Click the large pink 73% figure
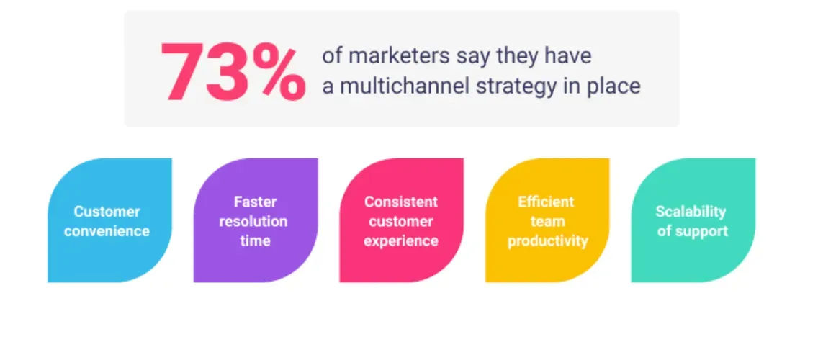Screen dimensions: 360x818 (233, 71)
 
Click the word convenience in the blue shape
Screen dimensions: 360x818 (107, 231)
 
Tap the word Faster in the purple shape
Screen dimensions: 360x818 (255, 202)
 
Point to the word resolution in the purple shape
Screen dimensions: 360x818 (255, 221)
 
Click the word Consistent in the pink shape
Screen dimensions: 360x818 (400, 202)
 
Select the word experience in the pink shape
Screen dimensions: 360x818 (400, 240)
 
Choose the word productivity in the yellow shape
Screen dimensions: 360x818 (547, 240)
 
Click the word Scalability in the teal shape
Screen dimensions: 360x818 (691, 212)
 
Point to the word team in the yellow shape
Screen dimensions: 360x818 (547, 221)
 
